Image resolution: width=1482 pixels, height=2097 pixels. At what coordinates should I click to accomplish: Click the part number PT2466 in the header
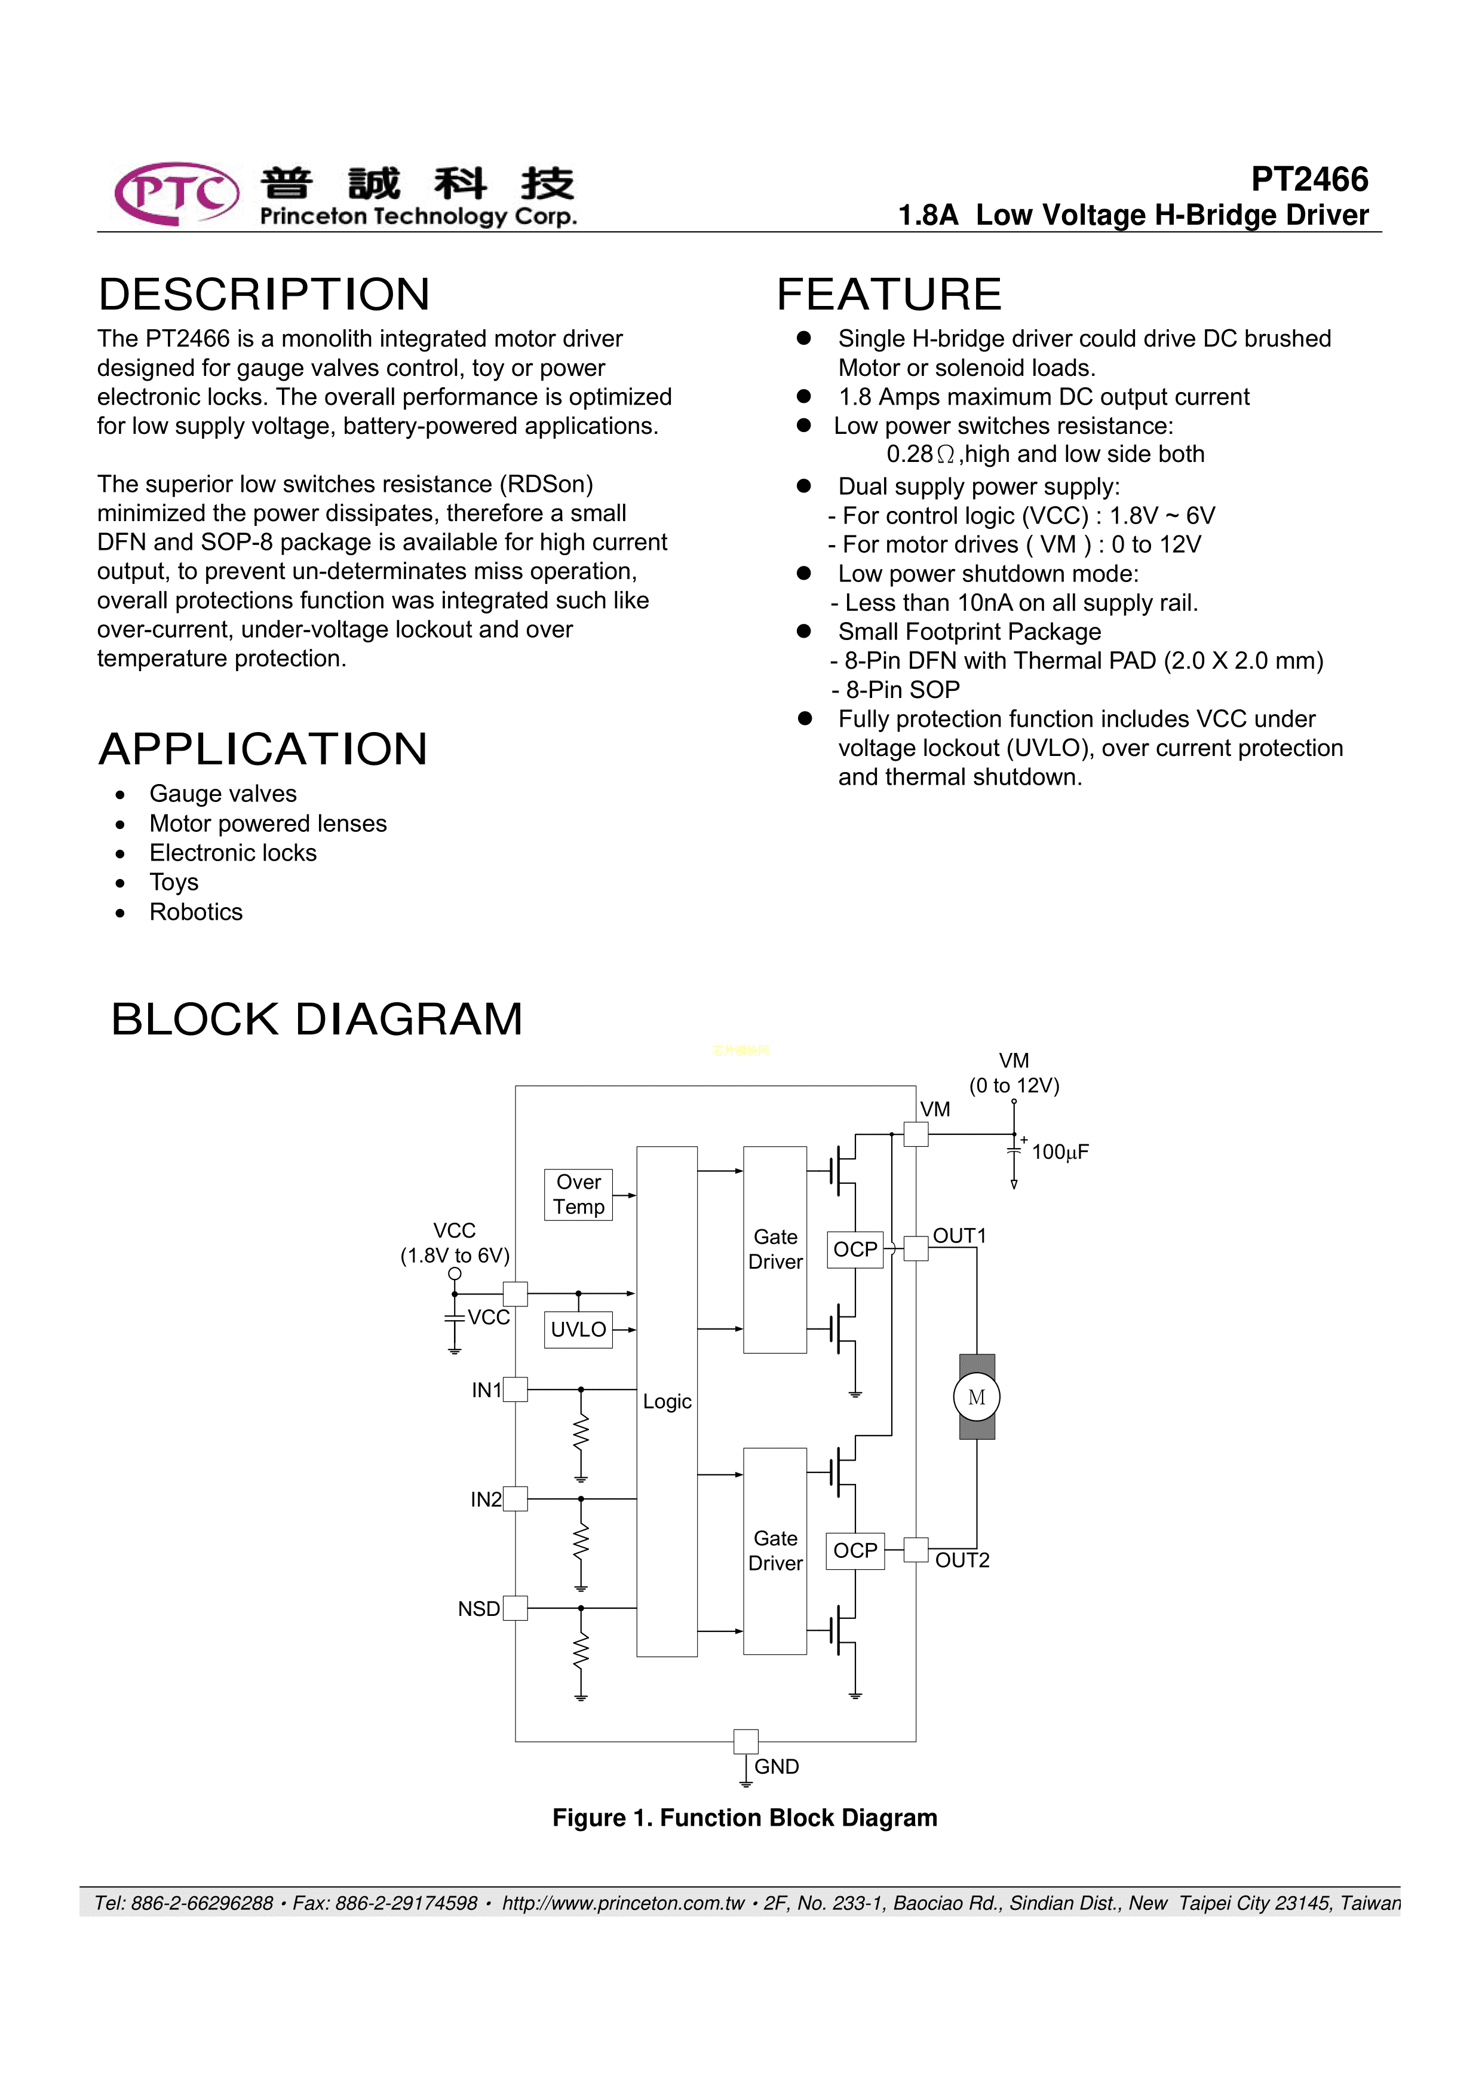1309,179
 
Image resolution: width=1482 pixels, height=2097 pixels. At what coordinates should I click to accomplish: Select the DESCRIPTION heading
264,294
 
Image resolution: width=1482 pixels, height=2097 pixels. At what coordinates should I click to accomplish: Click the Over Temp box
578,1195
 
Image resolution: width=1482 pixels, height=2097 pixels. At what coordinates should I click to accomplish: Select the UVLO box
578,1329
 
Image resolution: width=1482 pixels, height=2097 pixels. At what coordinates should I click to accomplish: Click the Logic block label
667,1401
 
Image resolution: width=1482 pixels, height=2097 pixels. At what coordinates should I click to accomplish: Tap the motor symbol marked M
976,1397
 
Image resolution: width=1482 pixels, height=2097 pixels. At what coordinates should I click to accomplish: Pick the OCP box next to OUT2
855,1550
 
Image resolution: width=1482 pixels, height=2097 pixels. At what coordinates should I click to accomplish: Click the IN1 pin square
515,1389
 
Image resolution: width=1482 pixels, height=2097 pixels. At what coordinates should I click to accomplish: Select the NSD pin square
515,1608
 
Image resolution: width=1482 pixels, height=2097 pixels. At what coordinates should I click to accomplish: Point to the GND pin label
776,1767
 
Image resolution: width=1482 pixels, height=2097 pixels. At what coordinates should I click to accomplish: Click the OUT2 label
962,1560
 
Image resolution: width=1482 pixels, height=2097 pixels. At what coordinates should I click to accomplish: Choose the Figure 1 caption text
744,1817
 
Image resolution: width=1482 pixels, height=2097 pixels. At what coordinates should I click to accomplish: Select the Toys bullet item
173,882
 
